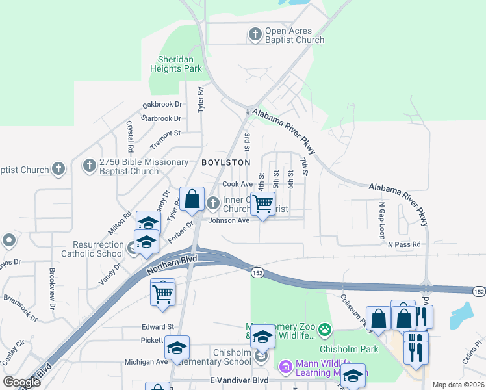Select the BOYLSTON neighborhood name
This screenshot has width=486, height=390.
point(225,162)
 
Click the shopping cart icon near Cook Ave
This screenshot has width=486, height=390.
point(262,204)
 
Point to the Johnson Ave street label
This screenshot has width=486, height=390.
point(229,220)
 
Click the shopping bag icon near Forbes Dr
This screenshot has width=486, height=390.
point(192,200)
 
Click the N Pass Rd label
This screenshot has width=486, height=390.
point(404,244)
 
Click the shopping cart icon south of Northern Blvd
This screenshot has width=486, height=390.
point(162,292)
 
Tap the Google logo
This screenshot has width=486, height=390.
point(21,382)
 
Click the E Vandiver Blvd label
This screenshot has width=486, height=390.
point(239,380)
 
